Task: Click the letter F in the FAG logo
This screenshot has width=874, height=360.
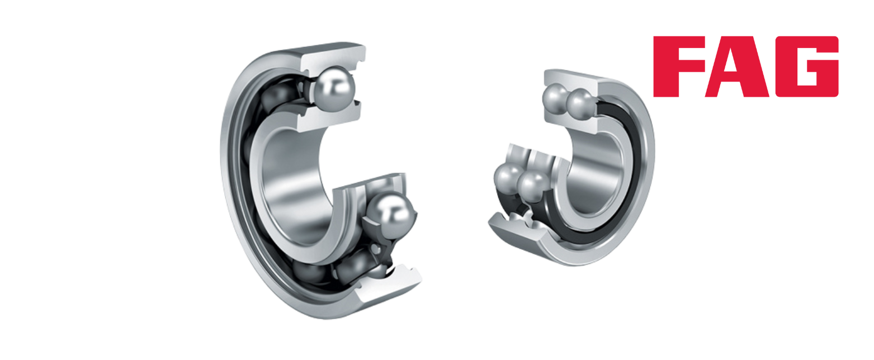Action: (678, 67)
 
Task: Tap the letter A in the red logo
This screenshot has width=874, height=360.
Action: (736, 67)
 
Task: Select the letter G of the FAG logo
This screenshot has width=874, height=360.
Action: (807, 67)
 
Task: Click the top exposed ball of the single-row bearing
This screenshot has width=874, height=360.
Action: (335, 89)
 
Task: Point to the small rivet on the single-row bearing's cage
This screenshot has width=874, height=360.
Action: (375, 248)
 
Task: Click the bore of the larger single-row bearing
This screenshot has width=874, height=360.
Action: (292, 187)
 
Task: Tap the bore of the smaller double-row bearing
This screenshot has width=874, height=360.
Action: (595, 172)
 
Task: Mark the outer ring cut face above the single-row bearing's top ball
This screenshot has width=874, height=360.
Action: (334, 59)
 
